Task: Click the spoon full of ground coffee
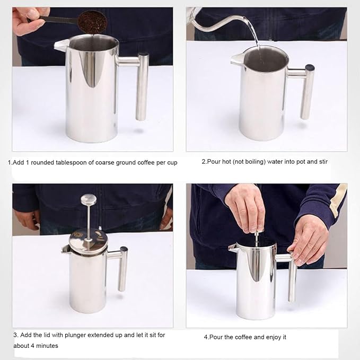coord(89,22)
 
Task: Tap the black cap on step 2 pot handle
coord(309,68)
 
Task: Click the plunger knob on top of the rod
coord(89,200)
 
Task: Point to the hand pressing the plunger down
coord(245,207)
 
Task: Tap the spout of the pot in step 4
coord(233,247)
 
